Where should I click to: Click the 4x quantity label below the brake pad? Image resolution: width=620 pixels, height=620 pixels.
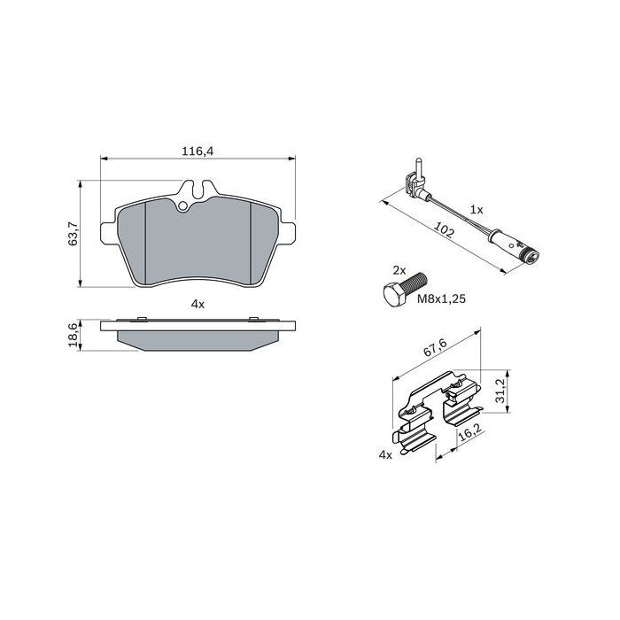point(198,304)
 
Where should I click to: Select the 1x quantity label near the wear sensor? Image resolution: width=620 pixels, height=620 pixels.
point(476,210)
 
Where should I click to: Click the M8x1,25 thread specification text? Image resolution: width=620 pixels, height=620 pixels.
point(440,299)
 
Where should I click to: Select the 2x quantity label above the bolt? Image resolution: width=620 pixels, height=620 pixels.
point(399,269)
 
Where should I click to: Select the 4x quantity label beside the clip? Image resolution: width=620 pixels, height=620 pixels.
point(384,454)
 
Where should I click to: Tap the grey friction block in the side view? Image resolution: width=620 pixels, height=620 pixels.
point(198,340)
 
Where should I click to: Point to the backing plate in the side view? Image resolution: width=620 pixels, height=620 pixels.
point(198,325)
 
